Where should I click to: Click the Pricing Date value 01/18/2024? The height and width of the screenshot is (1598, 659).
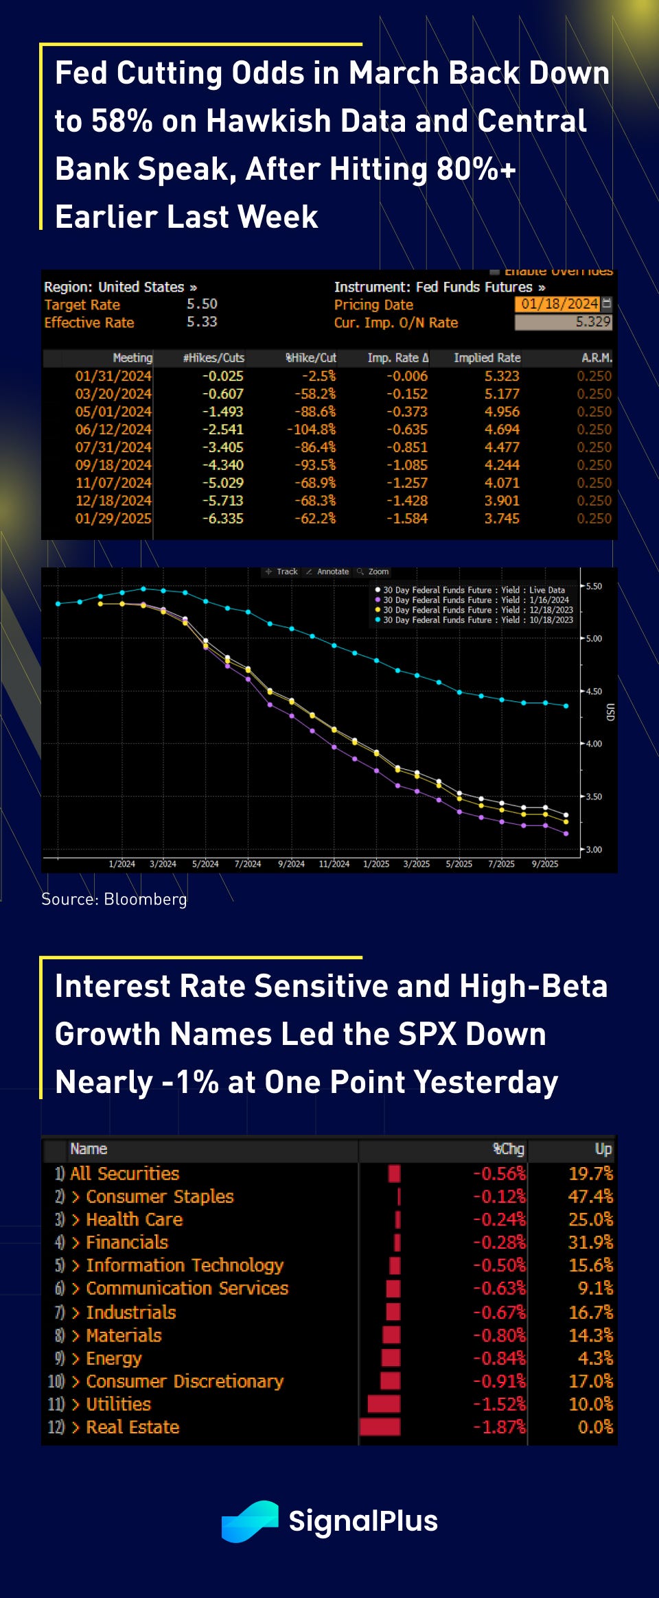pyautogui.click(x=559, y=304)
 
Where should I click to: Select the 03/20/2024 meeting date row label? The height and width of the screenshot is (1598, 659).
pyautogui.click(x=113, y=394)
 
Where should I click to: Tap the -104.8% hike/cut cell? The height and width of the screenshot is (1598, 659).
pyautogui.click(x=312, y=430)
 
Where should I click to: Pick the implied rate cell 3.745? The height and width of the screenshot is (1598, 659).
pyautogui.click(x=502, y=519)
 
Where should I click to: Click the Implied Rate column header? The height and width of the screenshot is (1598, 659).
pyautogui.click(x=487, y=357)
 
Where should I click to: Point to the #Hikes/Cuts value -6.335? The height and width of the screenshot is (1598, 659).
pyautogui.click(x=222, y=519)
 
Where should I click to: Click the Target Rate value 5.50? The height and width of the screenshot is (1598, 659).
pyautogui.click(x=202, y=304)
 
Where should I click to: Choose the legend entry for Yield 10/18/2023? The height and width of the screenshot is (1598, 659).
pyautogui.click(x=478, y=620)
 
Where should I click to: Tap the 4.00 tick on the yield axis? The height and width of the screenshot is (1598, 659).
pyautogui.click(x=593, y=744)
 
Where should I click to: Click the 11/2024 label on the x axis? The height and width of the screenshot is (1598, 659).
pyautogui.click(x=334, y=864)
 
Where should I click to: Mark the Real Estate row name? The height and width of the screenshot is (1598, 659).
pyautogui.click(x=132, y=1427)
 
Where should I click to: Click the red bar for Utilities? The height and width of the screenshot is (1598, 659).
pyautogui.click(x=384, y=1404)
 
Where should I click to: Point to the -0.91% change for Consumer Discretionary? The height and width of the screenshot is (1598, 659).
pyautogui.click(x=499, y=1381)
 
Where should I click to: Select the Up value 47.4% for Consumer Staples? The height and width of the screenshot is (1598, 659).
pyautogui.click(x=590, y=1197)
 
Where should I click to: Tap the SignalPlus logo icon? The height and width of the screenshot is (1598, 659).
pyautogui.click(x=250, y=1521)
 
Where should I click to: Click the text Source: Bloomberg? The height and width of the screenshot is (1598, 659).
pyautogui.click(x=114, y=899)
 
